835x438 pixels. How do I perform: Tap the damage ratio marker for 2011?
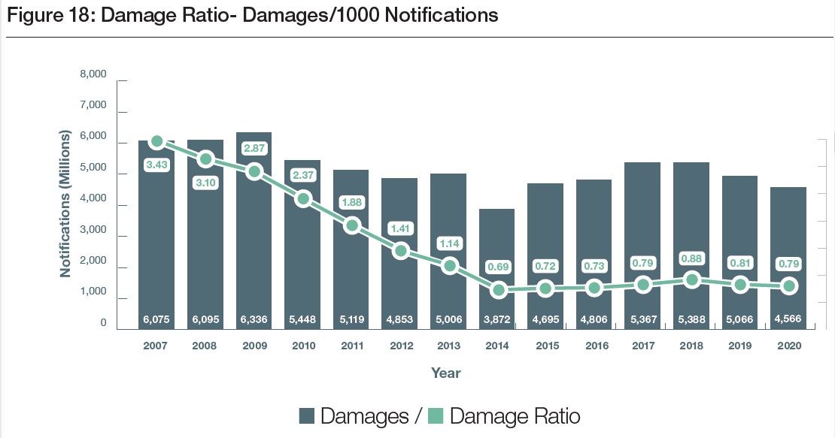click(x=352, y=225)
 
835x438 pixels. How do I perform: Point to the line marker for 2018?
click(x=691, y=280)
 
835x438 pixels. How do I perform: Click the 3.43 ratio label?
click(x=156, y=165)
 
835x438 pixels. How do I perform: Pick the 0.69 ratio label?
click(x=497, y=266)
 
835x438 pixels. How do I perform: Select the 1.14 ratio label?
click(x=449, y=243)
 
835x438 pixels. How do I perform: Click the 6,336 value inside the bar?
click(x=254, y=319)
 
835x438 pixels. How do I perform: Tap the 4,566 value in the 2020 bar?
click(x=788, y=319)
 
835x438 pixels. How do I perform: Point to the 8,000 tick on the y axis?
click(x=93, y=75)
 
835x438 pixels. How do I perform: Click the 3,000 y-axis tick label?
click(x=93, y=237)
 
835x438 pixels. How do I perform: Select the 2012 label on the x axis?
click(x=400, y=346)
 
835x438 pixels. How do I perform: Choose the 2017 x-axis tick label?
click(x=642, y=346)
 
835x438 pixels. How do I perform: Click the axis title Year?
click(x=445, y=373)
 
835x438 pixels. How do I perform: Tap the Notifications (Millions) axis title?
click(x=65, y=203)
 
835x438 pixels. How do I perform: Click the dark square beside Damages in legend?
click(x=307, y=416)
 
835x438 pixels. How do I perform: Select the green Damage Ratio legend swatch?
click(x=436, y=416)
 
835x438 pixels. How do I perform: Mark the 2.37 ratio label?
click(x=303, y=175)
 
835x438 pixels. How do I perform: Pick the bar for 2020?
click(x=788, y=255)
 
